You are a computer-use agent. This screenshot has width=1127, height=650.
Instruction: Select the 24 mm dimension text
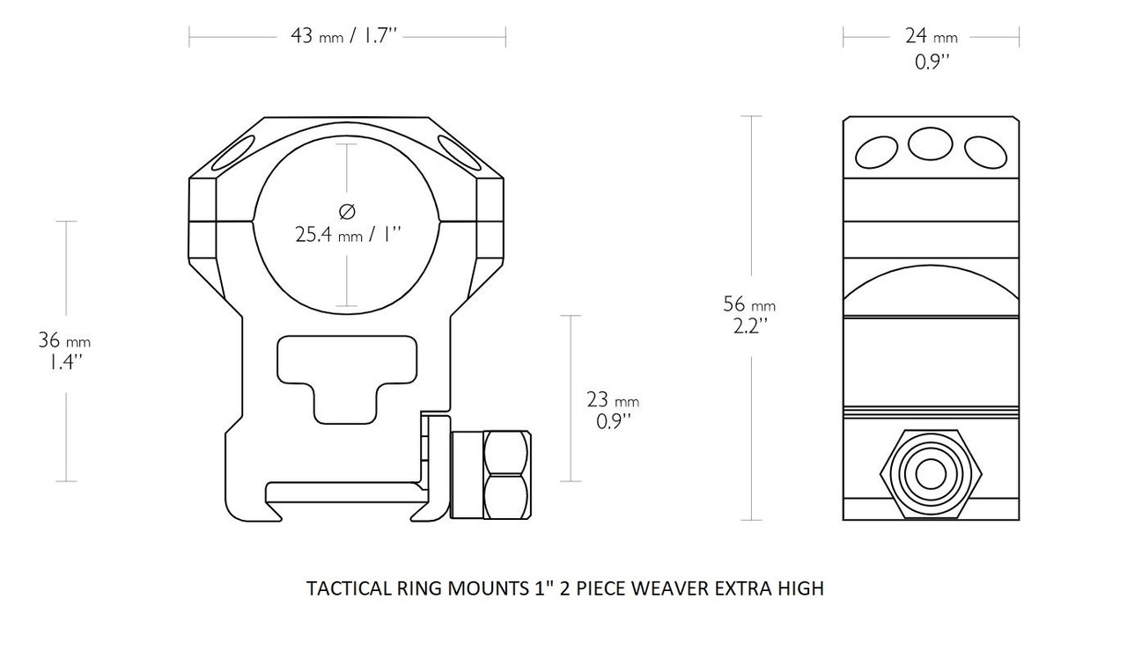point(931,37)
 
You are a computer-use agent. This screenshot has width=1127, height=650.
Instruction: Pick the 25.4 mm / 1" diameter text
point(348,235)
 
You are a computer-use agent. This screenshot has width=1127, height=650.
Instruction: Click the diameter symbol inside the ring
point(346,210)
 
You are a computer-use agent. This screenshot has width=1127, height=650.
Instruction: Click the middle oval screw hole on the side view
point(931,143)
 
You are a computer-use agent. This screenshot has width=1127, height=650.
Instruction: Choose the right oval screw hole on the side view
point(984,152)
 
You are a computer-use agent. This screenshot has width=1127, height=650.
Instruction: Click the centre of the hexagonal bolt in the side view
point(931,474)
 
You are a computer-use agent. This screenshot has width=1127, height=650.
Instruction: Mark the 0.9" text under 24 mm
point(931,62)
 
